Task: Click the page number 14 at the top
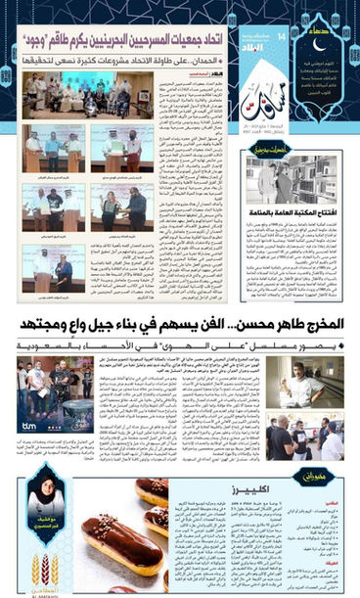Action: point(282,36)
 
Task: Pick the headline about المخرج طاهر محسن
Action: point(180,324)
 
